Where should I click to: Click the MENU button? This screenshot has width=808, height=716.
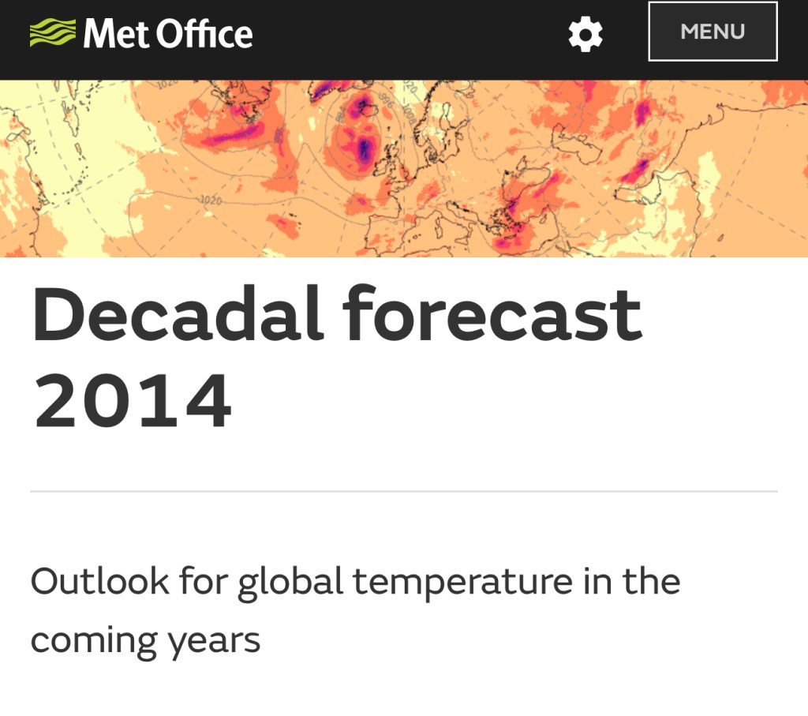tap(713, 32)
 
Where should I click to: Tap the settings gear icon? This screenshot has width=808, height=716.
tap(585, 34)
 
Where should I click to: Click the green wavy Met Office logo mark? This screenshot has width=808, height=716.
tap(53, 32)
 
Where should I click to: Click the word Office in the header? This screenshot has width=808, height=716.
tap(204, 33)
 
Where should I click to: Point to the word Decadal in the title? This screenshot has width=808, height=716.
tap(178, 313)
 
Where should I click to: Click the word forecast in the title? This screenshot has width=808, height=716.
tap(492, 313)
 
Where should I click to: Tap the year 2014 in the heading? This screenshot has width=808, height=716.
tap(133, 400)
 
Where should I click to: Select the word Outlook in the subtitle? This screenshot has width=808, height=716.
tap(99, 581)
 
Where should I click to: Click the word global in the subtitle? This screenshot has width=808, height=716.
tap(290, 583)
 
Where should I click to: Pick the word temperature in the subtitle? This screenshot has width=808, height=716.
tap(462, 583)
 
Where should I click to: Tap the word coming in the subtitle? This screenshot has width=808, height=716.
tap(93, 642)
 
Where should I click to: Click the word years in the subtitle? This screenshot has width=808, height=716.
tap(215, 643)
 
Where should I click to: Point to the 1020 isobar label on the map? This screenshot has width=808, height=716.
tap(211, 200)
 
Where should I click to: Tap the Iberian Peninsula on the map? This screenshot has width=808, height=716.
tap(389, 234)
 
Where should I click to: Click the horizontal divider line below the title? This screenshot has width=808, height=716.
tap(404, 491)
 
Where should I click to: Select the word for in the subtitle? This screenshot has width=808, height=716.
tap(203, 581)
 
